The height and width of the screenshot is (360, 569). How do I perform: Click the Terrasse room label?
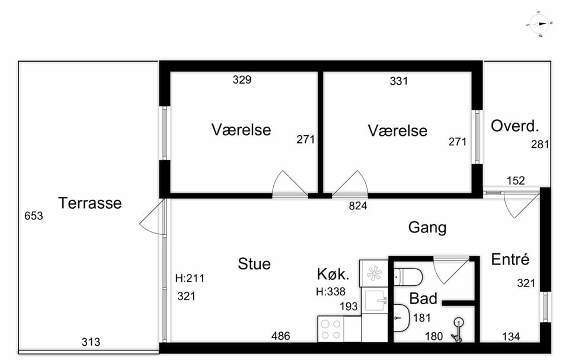(89, 203)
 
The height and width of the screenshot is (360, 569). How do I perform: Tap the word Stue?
(254, 264)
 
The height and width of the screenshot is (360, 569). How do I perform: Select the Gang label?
(427, 228)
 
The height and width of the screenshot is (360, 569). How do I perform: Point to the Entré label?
(510, 259)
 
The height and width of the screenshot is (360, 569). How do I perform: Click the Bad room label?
(423, 298)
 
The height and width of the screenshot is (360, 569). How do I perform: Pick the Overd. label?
(514, 126)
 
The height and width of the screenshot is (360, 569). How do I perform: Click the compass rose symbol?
(539, 24)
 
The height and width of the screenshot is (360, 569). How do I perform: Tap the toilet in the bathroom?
(408, 277)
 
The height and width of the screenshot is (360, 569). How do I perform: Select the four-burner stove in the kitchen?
(330, 329)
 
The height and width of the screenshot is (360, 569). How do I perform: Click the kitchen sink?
(376, 301)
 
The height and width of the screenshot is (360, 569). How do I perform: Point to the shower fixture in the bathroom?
(458, 330)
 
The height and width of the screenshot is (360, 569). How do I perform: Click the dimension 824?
(358, 206)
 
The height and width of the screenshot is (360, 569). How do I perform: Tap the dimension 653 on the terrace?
(34, 216)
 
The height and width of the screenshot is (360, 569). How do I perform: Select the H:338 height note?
(331, 291)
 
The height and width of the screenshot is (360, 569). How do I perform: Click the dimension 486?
(280, 336)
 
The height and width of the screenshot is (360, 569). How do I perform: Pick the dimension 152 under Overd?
(516, 180)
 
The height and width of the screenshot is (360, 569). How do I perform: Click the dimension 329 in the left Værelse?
(242, 79)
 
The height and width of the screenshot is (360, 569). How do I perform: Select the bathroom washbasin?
(402, 318)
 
